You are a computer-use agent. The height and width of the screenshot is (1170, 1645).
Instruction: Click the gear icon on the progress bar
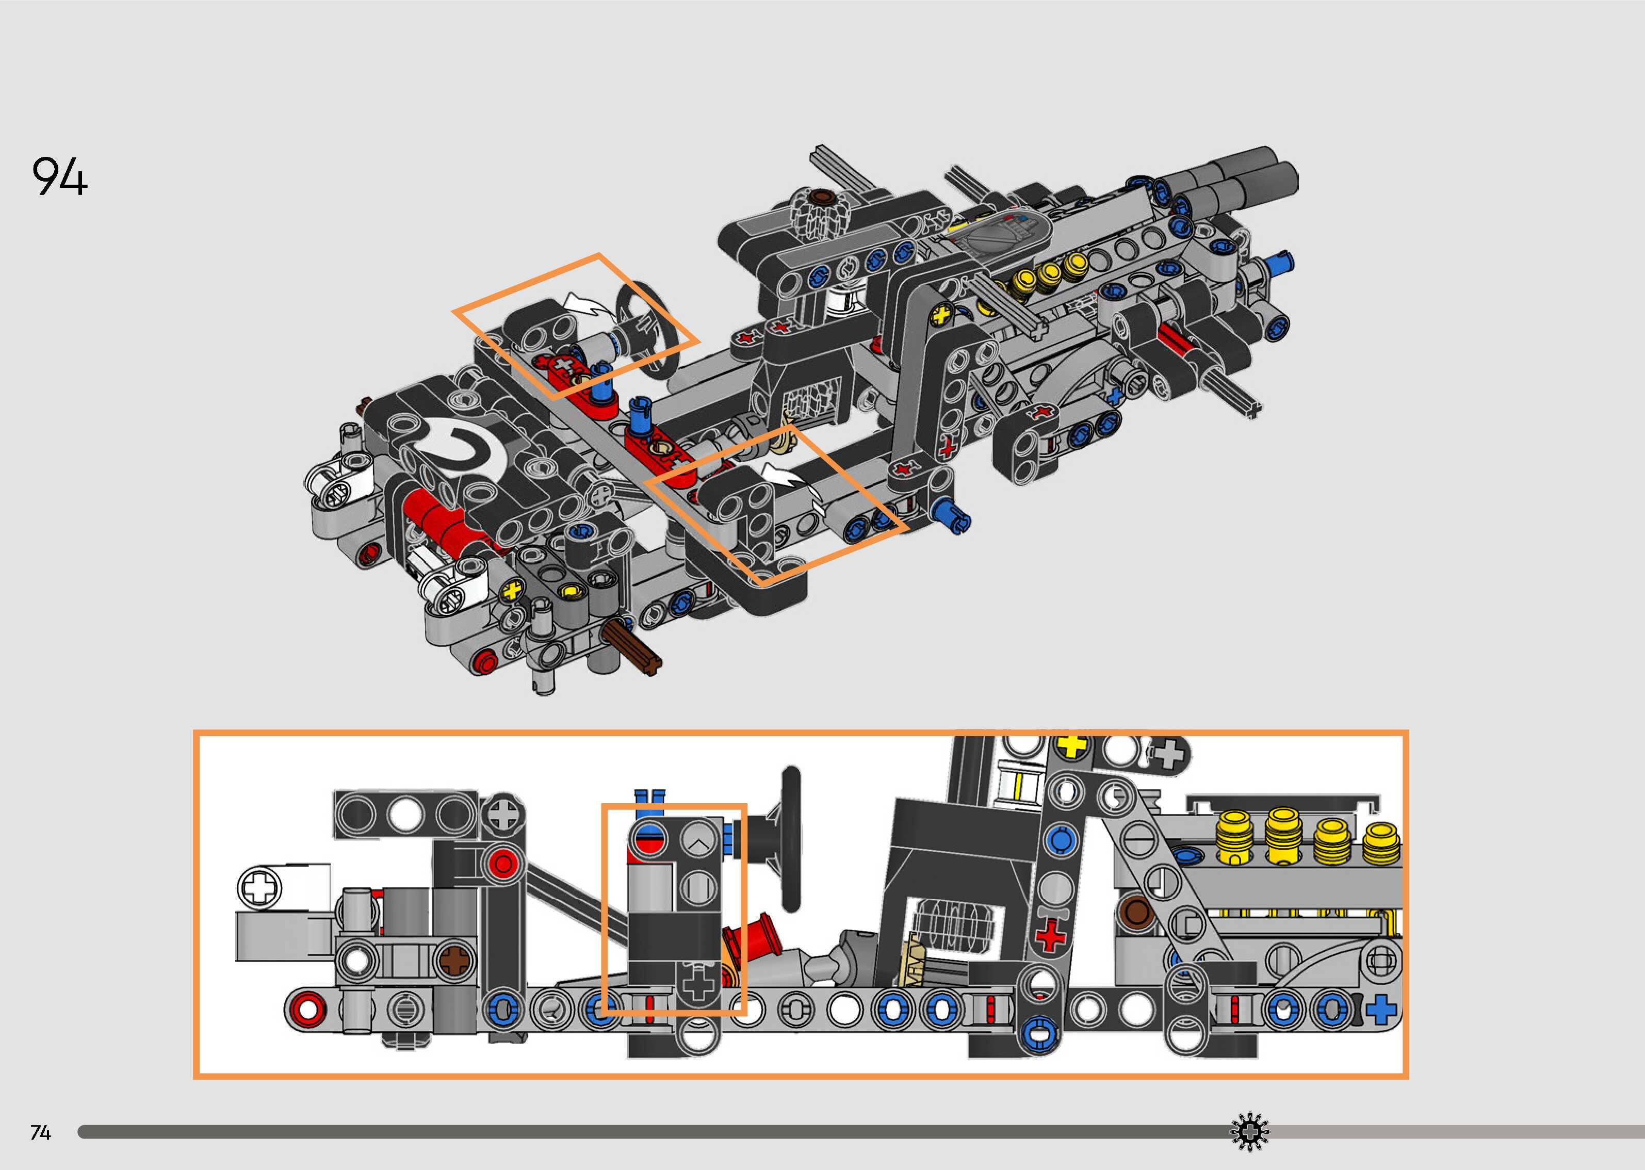point(1249,1133)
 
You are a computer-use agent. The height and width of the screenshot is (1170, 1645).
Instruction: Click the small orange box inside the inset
point(673,910)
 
